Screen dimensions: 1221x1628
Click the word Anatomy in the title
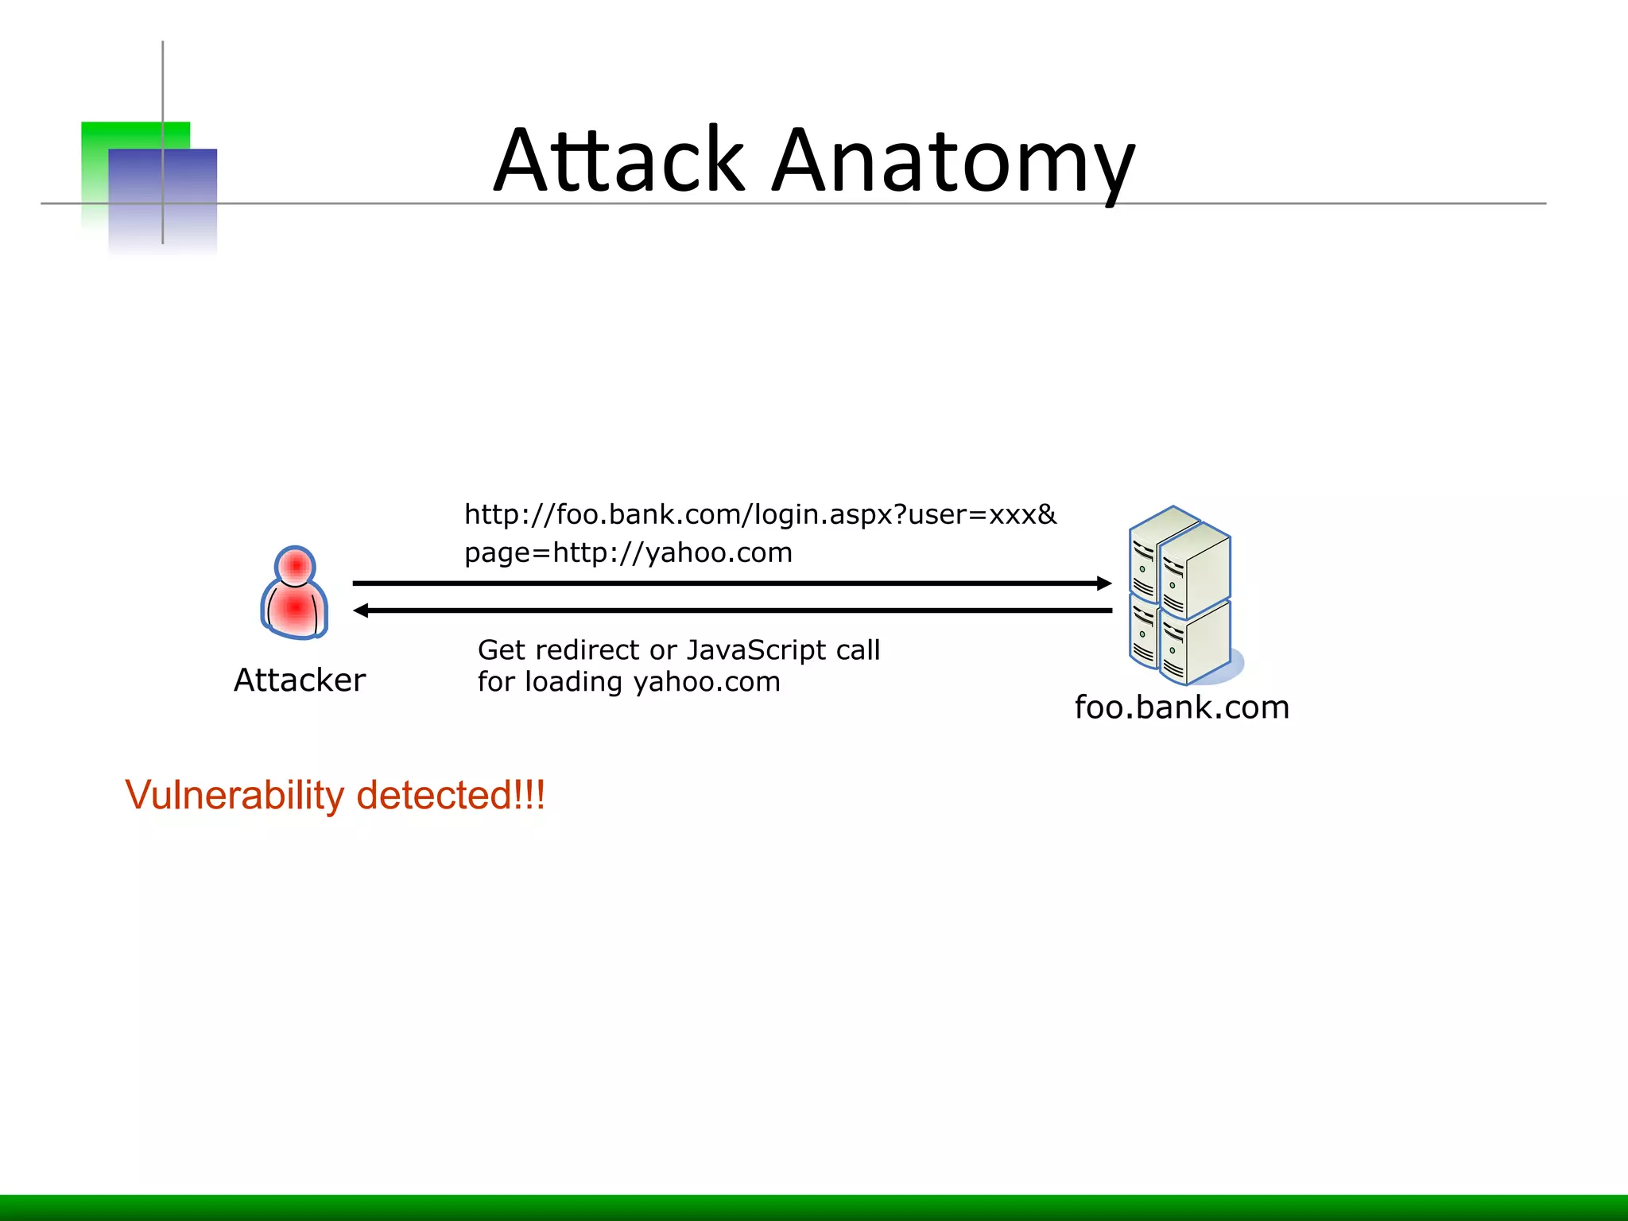click(x=953, y=163)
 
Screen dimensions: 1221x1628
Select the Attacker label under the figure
click(x=300, y=680)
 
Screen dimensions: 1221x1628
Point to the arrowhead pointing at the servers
click(x=1104, y=583)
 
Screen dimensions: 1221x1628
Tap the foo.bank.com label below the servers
click(x=1181, y=707)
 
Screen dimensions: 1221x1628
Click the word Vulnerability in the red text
click(x=235, y=796)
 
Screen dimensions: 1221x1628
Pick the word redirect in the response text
click(x=587, y=650)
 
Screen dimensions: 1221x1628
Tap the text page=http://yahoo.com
click(x=628, y=552)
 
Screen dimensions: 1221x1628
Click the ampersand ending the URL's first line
click(x=1047, y=514)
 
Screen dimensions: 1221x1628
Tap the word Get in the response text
click(x=502, y=650)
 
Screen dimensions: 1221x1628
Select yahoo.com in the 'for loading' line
click(x=707, y=682)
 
